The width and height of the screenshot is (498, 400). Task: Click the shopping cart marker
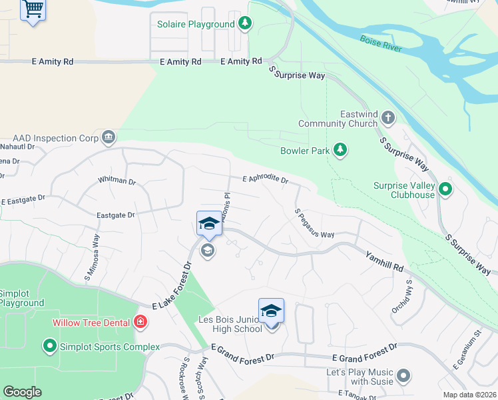click(33, 10)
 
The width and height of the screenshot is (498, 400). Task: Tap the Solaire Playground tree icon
click(246, 24)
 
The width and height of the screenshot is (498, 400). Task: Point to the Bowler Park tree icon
click(341, 150)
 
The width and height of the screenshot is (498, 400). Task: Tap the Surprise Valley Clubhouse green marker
click(445, 190)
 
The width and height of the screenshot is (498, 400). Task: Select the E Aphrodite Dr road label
click(265, 180)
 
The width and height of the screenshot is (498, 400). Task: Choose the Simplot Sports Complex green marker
click(49, 346)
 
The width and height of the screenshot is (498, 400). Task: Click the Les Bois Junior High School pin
click(271, 312)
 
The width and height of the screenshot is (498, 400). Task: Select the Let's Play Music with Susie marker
click(403, 377)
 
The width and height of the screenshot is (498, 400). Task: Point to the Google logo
click(22, 392)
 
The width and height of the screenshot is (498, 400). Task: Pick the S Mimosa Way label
click(93, 257)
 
